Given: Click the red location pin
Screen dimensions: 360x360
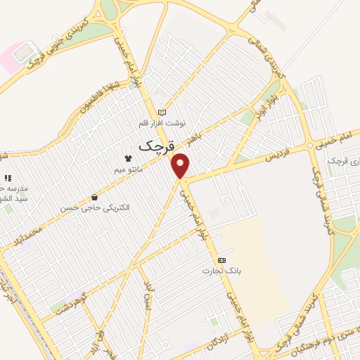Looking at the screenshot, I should (181, 166).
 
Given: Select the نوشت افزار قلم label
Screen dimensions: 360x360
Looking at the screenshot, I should (162, 123).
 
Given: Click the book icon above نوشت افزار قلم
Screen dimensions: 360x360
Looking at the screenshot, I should (162, 112).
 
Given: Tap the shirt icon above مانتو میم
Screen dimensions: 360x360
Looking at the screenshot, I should (128, 158).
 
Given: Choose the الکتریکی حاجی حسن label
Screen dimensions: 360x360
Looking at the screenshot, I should (95, 207).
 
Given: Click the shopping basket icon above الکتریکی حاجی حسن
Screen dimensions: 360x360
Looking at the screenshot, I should (94, 197).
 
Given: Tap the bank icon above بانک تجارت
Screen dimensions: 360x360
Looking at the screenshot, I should (221, 259).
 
